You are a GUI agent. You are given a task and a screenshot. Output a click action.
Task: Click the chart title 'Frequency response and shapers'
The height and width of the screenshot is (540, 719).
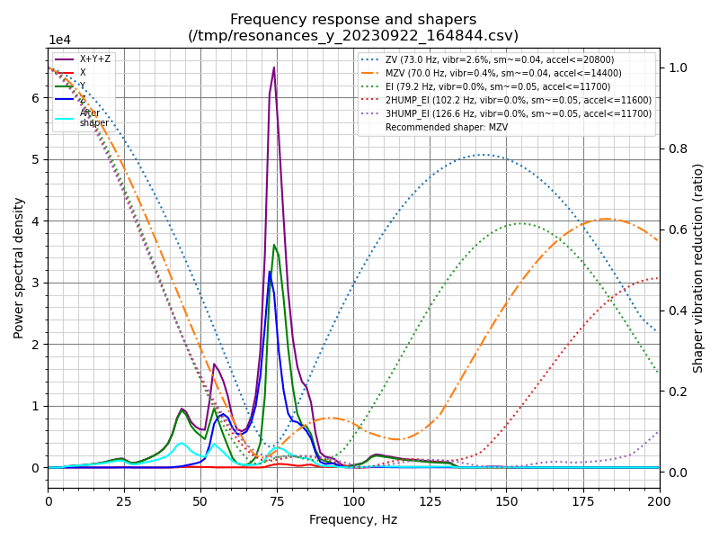click(x=353, y=20)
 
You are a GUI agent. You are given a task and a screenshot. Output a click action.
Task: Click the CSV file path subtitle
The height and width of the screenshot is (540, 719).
click(x=353, y=36)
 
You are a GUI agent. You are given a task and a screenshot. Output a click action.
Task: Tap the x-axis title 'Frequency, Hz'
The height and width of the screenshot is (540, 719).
click(x=353, y=519)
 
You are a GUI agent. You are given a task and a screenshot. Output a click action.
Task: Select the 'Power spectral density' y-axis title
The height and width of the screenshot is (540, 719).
click(x=19, y=267)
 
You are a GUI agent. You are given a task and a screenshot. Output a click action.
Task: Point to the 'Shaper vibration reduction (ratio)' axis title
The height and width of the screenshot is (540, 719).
click(x=698, y=267)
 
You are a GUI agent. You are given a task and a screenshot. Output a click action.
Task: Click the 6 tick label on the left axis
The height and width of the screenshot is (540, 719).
click(x=36, y=98)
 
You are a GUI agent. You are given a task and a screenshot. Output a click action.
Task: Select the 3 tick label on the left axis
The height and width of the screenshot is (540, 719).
click(x=36, y=283)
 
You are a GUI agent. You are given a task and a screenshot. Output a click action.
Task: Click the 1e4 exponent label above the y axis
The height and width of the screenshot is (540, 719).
click(x=59, y=40)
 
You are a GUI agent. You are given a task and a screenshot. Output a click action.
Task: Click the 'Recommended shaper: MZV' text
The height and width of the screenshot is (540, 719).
click(x=446, y=128)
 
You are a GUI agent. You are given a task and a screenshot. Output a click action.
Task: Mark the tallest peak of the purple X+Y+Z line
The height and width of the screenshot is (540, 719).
click(x=274, y=67)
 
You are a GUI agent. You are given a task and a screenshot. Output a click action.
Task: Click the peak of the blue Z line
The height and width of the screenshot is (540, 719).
click(x=269, y=272)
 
